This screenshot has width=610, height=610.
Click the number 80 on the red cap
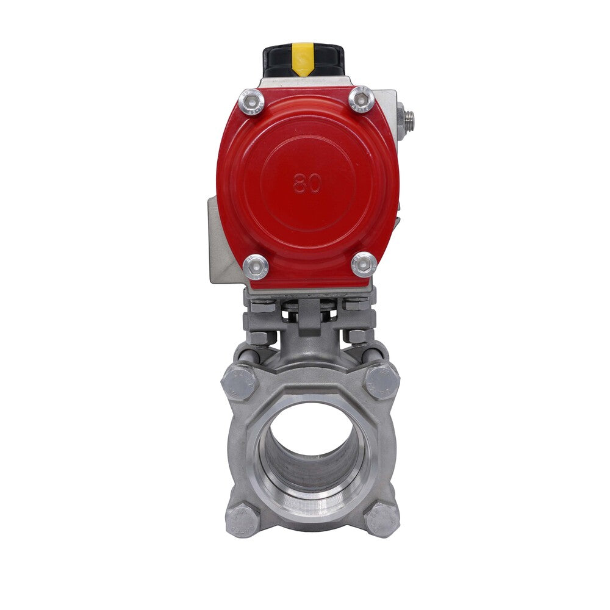coord(307,182)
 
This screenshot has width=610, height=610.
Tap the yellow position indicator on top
coord(303,59)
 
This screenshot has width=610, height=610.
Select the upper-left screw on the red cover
coord(251,101)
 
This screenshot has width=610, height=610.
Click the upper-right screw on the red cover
coord(361,99)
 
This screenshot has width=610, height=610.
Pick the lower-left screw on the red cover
coord(256,267)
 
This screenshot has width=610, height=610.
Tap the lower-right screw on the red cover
coord(364,264)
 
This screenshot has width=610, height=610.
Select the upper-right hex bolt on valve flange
coord(382,381)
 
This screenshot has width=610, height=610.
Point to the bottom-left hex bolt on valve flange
coord(242,519)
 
